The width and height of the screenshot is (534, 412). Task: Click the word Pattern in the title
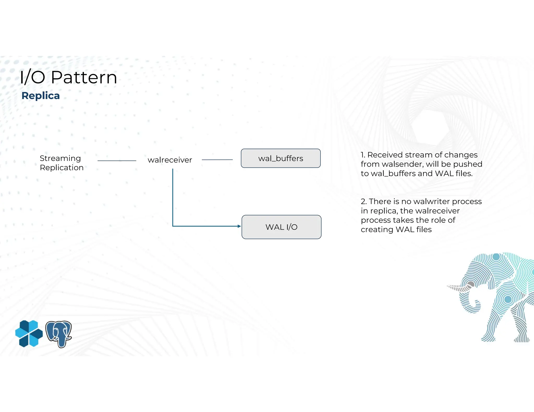point(84,77)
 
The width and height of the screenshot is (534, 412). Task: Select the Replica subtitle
point(41,96)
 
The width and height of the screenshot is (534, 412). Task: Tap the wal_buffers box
point(281,158)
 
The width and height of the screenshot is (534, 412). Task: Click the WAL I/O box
point(281,227)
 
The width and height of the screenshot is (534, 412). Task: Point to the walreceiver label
point(170,160)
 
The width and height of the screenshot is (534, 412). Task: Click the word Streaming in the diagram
point(60,158)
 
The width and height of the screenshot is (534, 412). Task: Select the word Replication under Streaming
point(62,167)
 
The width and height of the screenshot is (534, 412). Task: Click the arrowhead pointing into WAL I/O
point(239,226)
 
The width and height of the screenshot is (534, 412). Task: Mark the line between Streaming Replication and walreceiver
point(117,161)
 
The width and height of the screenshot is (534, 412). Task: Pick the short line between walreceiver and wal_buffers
point(217,160)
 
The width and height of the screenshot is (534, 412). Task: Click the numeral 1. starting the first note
point(363,155)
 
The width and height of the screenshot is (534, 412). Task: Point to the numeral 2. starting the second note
point(364,201)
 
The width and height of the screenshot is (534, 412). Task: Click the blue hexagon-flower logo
point(29,334)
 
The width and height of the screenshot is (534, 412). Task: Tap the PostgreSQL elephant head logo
point(59,334)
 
